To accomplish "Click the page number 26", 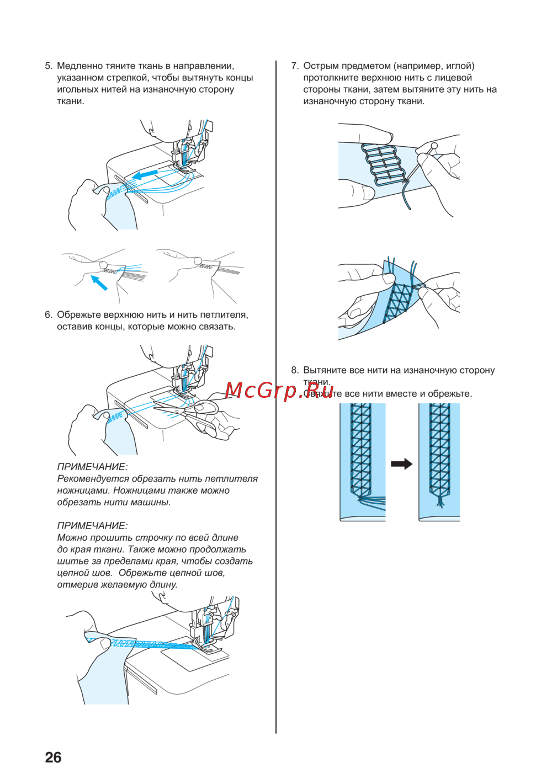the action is [53, 757].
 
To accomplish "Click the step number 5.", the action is [49, 66].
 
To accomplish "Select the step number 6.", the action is [49, 314].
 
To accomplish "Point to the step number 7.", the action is [295, 66].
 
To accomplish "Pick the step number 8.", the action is [295, 370].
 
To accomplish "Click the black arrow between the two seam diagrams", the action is [402, 463].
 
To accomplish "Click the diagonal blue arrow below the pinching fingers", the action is [99, 282].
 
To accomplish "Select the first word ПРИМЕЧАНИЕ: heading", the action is [92, 467].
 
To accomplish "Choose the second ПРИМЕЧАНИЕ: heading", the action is [92, 525].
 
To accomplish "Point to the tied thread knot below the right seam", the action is [440, 502].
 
